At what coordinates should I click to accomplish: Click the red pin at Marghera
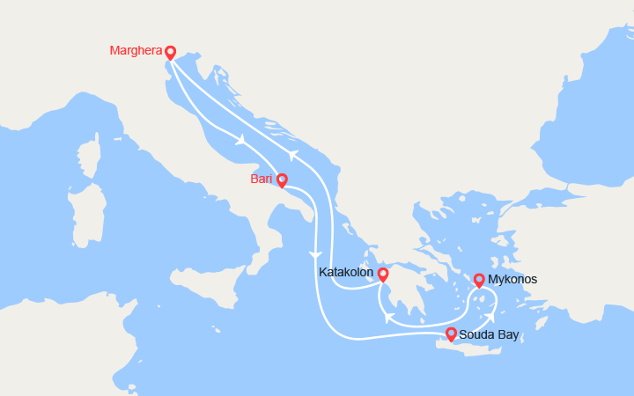coord(170,52)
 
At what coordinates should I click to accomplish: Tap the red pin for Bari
coord(282,180)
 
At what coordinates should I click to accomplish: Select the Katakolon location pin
coord(383,275)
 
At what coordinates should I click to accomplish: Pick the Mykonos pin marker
coord(479,280)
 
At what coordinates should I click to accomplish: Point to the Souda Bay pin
coord(451,334)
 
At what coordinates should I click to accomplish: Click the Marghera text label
coord(134,50)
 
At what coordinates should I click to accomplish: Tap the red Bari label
coord(261,179)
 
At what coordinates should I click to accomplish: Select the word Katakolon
coord(347,274)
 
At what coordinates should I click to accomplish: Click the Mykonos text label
coord(512,279)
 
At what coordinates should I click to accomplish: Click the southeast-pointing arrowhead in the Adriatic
coord(239,139)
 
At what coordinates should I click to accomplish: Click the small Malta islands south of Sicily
coord(216,332)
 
